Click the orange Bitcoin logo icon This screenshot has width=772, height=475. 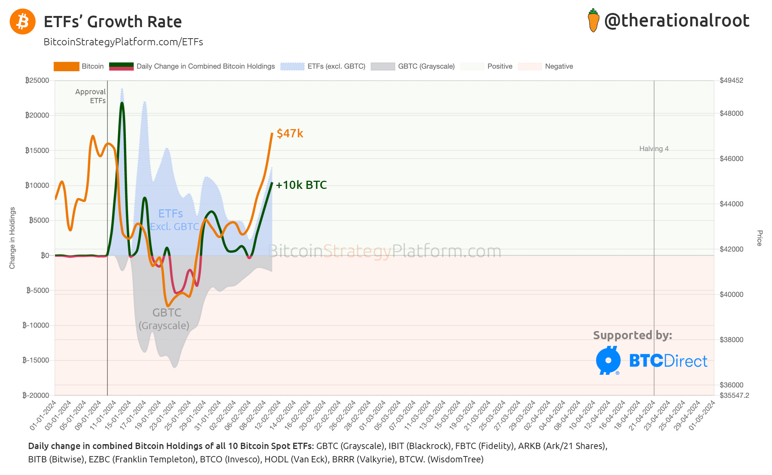(23, 22)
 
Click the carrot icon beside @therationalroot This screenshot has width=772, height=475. (593, 21)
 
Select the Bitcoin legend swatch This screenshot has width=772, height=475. (66, 66)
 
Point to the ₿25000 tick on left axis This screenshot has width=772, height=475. (37, 81)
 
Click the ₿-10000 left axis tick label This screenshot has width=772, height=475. (36, 325)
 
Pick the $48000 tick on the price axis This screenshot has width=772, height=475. (731, 114)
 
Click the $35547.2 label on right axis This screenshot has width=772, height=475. (734, 396)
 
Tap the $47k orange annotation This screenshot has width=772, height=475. (290, 134)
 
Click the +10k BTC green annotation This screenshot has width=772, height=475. (301, 185)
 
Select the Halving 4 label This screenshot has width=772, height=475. (654, 149)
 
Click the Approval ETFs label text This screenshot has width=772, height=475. (91, 96)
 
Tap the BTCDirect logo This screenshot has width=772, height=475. (652, 361)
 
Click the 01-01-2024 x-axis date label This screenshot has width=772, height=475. (43, 416)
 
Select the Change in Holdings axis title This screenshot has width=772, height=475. (12, 238)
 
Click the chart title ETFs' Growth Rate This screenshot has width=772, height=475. (113, 22)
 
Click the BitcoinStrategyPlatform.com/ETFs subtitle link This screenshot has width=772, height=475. (123, 42)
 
